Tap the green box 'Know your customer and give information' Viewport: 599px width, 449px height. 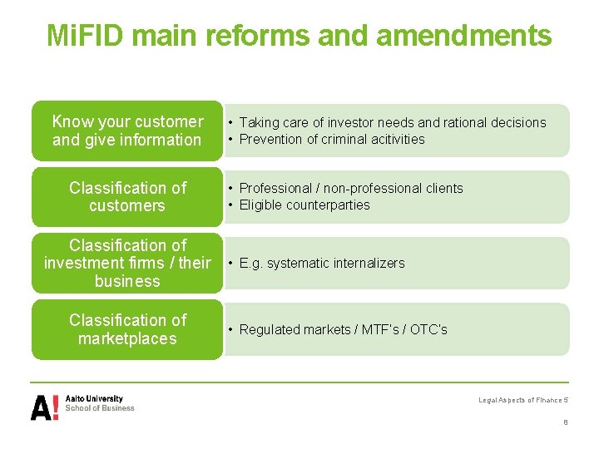pos(127,131)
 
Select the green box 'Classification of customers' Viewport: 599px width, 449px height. pos(127,197)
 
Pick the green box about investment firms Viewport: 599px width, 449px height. pos(127,263)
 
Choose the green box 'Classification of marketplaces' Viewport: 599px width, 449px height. pos(127,329)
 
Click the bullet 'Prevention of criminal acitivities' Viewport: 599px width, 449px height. pos(331,140)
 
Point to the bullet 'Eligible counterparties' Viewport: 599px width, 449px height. pos(304,205)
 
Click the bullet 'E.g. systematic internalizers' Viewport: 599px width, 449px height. pos(321,264)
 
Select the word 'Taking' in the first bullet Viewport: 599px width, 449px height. pos(259,123)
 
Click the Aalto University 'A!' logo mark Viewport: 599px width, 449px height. pos(45,407)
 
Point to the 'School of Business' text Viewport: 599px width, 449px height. pos(100,408)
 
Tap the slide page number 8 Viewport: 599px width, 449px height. pos(566,422)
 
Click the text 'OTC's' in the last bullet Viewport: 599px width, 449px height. pos(430,330)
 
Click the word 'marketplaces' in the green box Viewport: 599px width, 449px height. pos(127,338)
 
